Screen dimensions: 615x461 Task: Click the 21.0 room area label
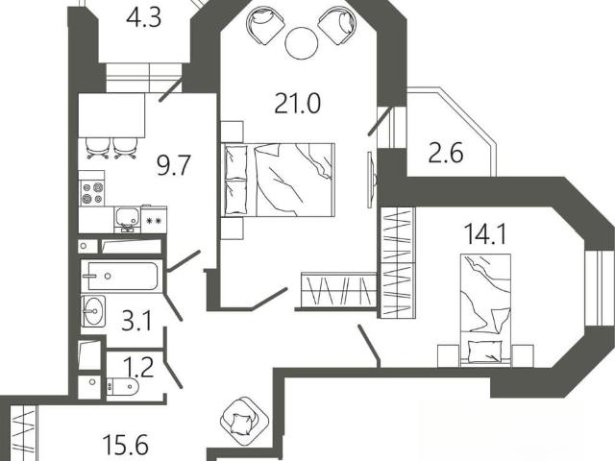tap(297, 104)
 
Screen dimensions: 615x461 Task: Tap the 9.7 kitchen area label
tap(173, 165)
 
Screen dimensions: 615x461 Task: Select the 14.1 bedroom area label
tap(485, 234)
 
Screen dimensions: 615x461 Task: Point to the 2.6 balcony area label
tap(446, 153)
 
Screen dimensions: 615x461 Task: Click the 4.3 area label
tap(143, 18)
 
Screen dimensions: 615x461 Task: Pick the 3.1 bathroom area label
tap(136, 322)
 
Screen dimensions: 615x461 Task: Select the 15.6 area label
tap(125, 445)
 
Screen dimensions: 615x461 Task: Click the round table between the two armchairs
tap(301, 43)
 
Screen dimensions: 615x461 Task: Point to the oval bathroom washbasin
tap(93, 311)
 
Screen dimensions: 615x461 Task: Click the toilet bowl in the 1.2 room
tap(122, 387)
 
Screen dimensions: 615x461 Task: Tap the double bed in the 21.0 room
tap(278, 180)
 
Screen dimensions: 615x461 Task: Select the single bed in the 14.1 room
tap(485, 309)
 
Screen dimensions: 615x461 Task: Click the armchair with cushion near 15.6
tap(245, 420)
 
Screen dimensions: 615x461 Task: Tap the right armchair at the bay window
tap(336, 27)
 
